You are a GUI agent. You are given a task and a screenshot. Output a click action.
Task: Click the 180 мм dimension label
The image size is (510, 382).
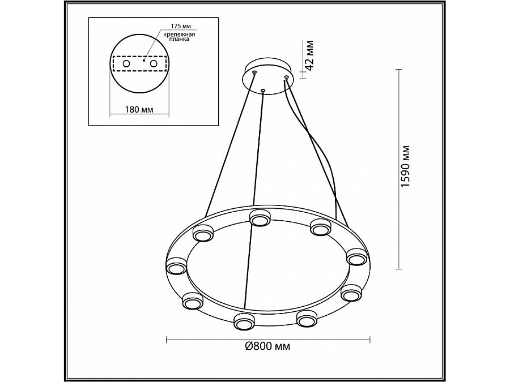point(139,109)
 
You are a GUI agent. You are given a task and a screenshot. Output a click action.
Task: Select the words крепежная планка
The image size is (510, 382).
point(179,37)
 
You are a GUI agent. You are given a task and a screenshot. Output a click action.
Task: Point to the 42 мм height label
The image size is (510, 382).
point(309,55)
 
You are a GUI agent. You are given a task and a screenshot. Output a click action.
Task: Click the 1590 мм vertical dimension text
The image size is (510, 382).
point(405,166)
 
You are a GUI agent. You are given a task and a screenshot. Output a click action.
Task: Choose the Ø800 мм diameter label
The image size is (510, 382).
point(267,346)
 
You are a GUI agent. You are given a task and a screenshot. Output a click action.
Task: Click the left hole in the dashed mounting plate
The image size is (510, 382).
point(126,63)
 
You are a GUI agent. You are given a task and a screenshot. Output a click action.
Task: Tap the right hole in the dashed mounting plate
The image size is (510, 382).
point(153,63)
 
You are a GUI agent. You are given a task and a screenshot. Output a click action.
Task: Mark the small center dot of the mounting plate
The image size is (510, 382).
point(143,60)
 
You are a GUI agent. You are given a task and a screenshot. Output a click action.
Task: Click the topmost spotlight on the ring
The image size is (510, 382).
point(259,218)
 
